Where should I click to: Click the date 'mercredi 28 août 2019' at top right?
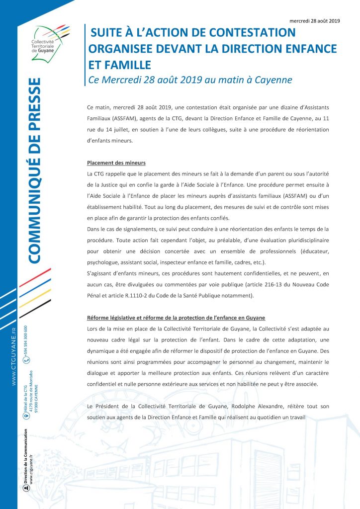click(314, 21)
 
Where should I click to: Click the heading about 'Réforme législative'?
click(176, 318)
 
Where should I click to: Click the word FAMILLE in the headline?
click(119, 65)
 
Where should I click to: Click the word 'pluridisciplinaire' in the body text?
click(302, 241)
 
